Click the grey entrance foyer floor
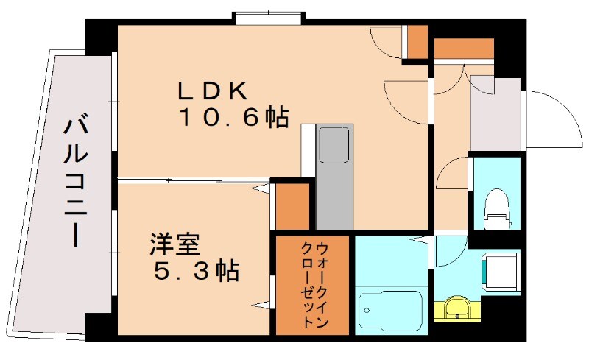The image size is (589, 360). point(495,114)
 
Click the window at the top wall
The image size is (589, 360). point(268,18)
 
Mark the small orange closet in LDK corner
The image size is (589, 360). point(417,43)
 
